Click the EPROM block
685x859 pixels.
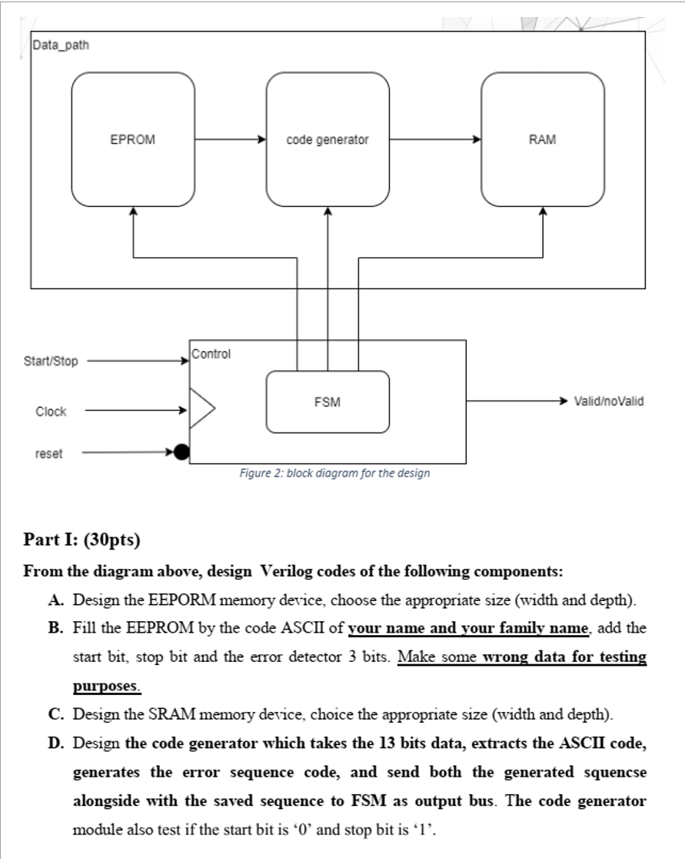(133, 139)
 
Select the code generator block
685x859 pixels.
(328, 139)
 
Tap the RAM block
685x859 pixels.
(543, 139)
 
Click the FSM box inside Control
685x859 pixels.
(328, 402)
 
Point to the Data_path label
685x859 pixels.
(62, 45)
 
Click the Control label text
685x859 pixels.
(211, 355)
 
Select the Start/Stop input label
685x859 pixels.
(51, 361)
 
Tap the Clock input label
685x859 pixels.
(51, 412)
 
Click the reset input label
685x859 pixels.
(49, 453)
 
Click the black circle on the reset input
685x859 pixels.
(181, 453)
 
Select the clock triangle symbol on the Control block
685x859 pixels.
(201, 407)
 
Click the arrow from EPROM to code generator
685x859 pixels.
(230, 140)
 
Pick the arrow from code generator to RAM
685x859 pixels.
(434, 140)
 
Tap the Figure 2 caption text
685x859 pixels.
(334, 473)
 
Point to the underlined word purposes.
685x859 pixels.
(107, 684)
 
